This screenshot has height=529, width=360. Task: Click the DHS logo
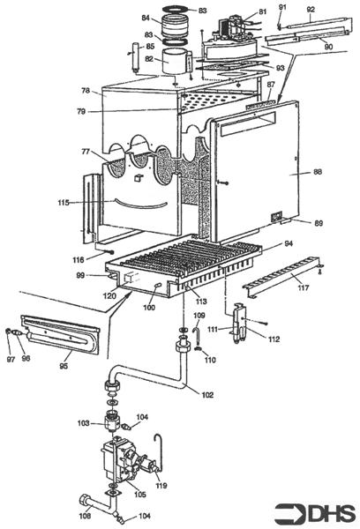click(314, 513)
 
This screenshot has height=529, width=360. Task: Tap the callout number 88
click(318, 172)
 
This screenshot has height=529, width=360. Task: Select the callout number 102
click(207, 395)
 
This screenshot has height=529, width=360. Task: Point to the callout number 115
click(64, 203)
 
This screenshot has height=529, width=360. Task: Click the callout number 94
click(289, 243)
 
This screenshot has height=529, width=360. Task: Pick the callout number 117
click(304, 287)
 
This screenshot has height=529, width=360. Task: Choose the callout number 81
click(262, 11)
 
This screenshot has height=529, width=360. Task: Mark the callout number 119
click(161, 486)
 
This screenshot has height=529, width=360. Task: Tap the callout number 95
click(64, 366)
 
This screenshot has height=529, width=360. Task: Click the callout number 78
click(86, 91)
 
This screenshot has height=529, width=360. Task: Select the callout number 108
click(85, 516)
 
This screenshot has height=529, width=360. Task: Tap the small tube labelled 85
click(136, 56)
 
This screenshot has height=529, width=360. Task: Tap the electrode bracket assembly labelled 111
click(239, 324)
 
